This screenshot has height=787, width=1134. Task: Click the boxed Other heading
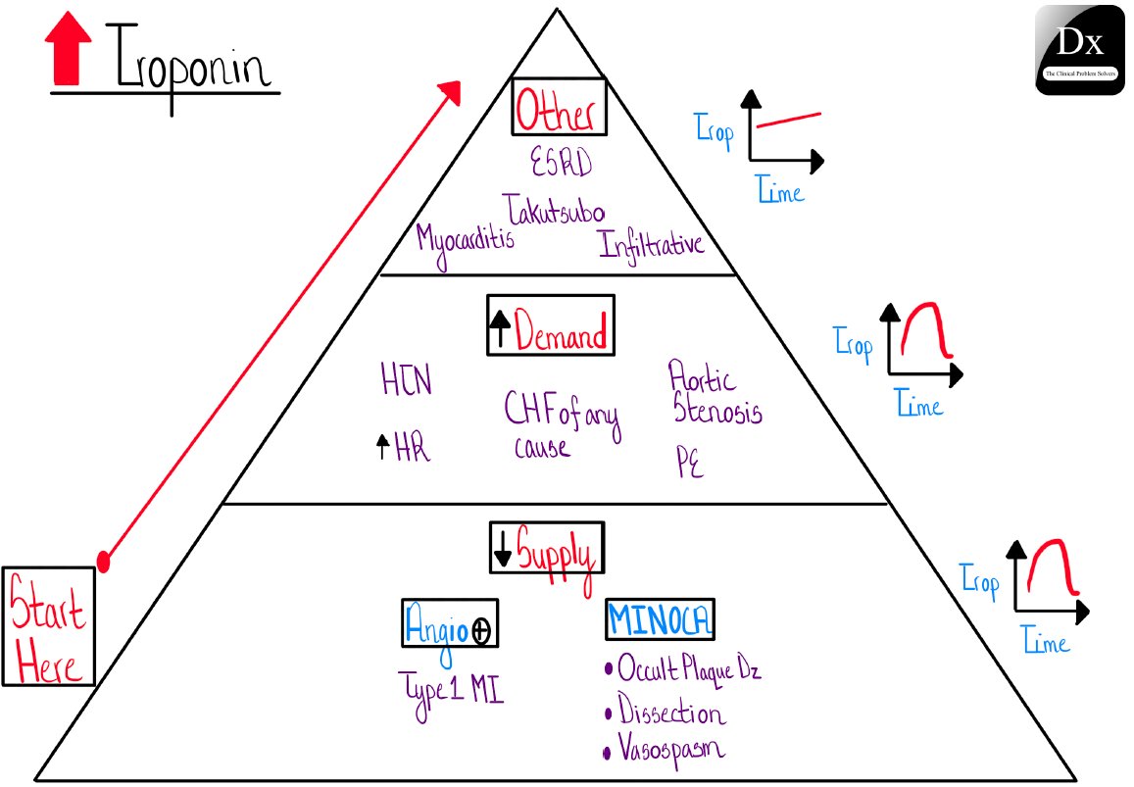558,107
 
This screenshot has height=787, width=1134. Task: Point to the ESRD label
562,164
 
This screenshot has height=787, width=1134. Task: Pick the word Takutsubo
555,210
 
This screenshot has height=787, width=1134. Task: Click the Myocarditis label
465,238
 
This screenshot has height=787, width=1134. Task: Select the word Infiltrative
652,242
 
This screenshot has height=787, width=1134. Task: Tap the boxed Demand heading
551,325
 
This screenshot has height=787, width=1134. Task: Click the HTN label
406,380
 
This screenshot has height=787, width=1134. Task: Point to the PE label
690,463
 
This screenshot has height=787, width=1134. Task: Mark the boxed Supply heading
547,549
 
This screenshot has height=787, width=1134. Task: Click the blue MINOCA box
661,620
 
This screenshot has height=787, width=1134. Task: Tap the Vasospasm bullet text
670,750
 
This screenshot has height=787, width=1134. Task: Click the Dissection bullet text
671,713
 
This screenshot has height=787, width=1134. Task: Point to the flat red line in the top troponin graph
788,121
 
